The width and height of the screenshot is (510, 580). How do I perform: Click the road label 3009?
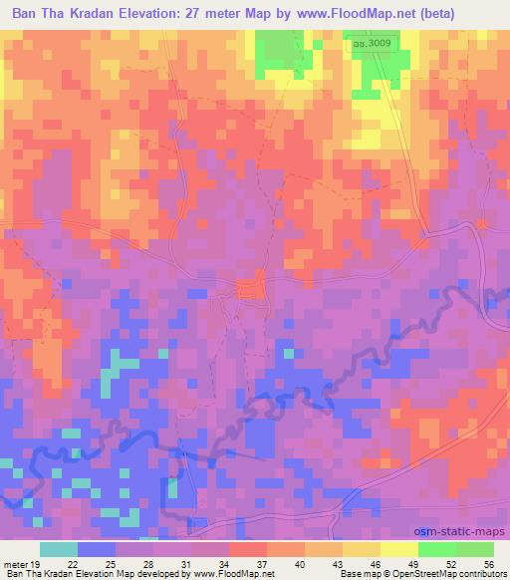point(369,43)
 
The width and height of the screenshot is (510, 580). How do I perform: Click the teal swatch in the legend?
point(58,549)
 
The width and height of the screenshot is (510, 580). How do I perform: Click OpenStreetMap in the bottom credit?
point(431,574)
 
